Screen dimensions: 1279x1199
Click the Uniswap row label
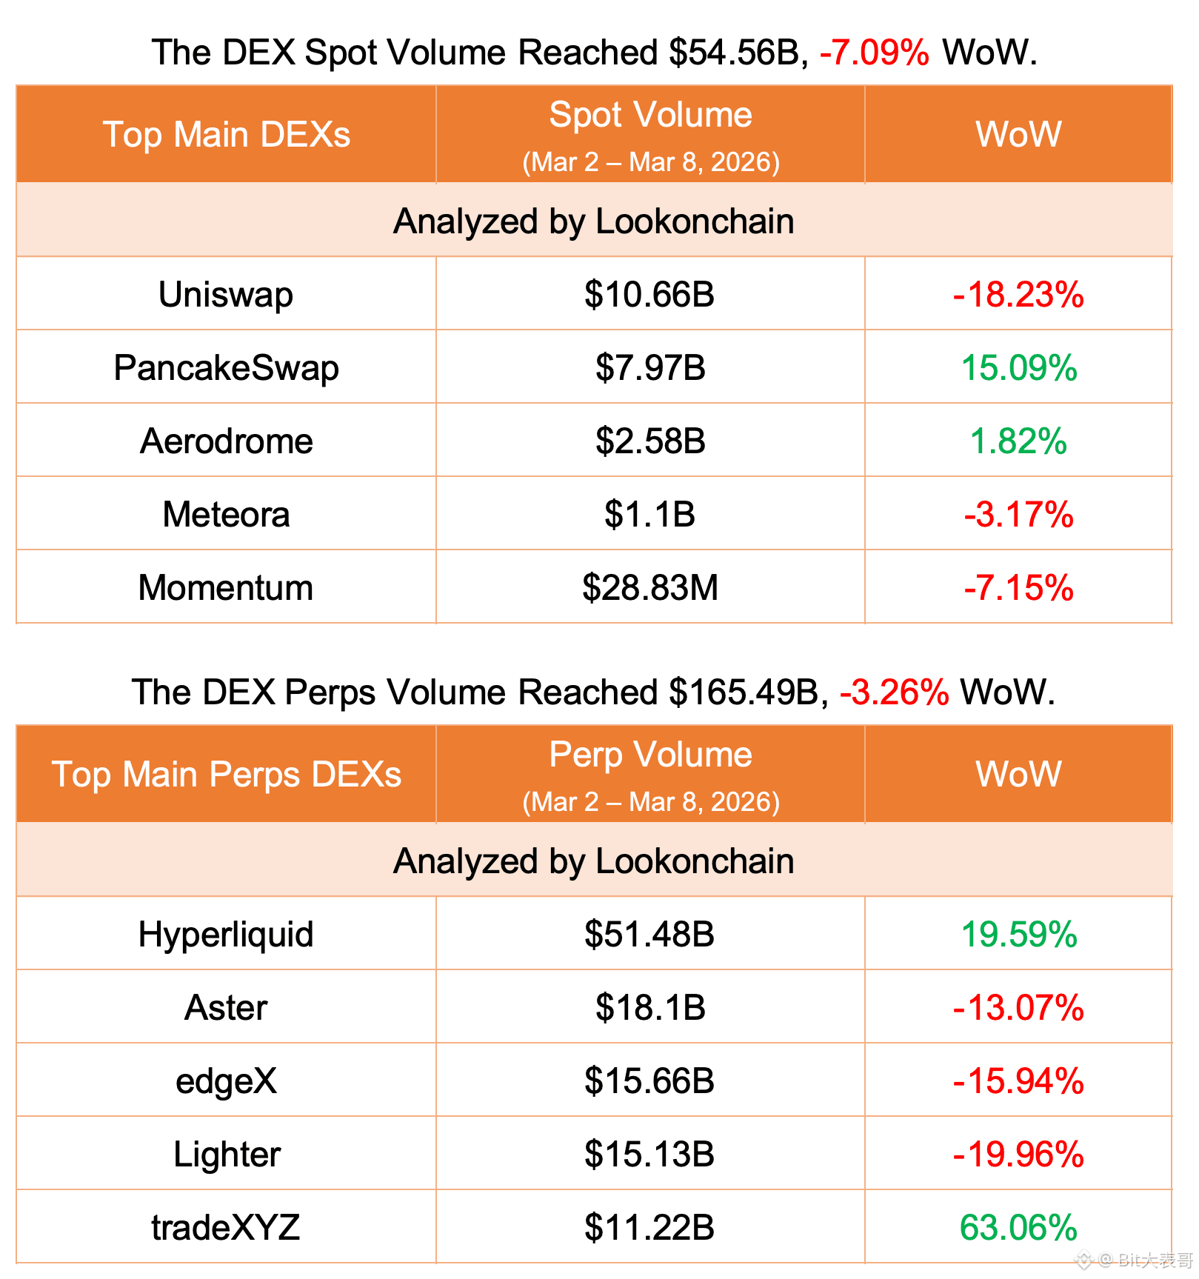click(x=226, y=295)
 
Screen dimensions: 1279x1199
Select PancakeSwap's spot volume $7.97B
click(x=650, y=368)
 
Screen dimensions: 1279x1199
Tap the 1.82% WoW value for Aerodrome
click(x=1018, y=441)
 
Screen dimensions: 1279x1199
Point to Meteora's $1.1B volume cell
click(x=650, y=515)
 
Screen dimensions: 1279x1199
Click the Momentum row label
click(x=226, y=588)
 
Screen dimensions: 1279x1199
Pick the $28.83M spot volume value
click(x=650, y=588)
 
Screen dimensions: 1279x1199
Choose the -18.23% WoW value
click(x=1018, y=295)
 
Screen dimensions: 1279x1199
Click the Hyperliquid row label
click(x=226, y=935)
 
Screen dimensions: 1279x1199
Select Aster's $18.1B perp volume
click(x=650, y=1008)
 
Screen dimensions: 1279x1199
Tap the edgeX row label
click(x=226, y=1081)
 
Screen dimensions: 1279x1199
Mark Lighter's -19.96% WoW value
click(x=1018, y=1155)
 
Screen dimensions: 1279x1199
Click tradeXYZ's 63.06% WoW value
click(x=1018, y=1228)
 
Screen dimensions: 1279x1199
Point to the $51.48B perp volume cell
click(x=650, y=935)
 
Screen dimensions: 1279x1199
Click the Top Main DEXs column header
click(x=226, y=135)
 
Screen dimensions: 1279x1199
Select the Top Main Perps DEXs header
click(x=226, y=775)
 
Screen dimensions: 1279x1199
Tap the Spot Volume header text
click(x=650, y=116)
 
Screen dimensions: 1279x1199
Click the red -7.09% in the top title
click(x=874, y=53)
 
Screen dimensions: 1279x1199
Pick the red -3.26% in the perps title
click(x=894, y=692)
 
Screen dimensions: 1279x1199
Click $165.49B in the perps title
click(x=744, y=692)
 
